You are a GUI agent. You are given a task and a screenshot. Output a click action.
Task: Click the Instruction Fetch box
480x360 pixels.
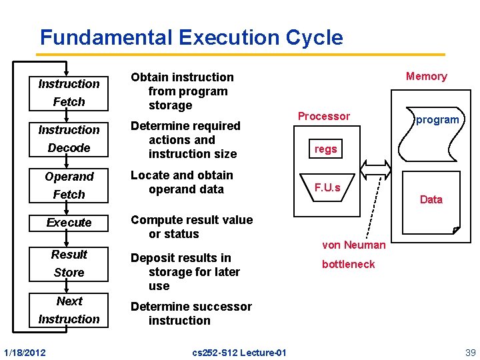69,93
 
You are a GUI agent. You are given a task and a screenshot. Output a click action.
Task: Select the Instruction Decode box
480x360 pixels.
69,139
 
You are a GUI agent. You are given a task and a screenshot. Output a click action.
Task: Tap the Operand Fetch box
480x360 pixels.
69,185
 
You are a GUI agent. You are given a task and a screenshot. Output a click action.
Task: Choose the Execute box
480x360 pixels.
69,222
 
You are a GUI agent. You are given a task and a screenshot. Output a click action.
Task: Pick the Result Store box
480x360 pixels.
69,263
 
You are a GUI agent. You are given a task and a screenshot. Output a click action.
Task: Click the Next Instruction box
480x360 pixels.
69,310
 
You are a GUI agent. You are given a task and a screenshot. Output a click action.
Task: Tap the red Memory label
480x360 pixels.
426,76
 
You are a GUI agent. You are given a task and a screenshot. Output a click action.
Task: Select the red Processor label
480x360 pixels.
323,116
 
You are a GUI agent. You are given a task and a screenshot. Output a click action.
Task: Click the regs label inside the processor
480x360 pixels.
326,149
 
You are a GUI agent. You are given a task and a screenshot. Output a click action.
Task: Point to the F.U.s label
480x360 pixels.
327,187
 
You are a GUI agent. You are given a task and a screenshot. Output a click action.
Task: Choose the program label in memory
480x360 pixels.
437,120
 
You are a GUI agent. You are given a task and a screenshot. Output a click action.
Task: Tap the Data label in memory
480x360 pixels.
431,199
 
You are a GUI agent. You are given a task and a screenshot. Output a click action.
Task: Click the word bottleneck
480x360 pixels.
348,264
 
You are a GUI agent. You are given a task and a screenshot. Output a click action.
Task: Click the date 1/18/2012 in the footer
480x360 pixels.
25,352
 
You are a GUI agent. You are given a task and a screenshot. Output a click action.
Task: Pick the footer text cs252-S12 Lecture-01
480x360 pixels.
239,352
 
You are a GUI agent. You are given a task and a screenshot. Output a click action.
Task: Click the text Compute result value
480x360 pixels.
191,220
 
